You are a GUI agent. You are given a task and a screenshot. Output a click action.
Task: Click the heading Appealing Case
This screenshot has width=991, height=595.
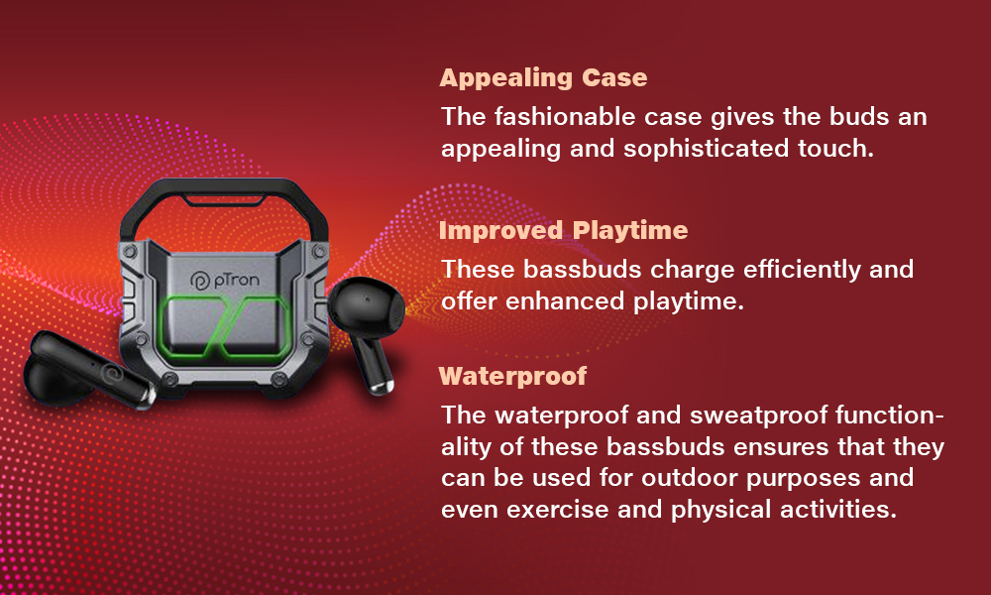click(543, 77)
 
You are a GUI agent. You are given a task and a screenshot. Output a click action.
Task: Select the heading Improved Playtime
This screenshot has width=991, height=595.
click(563, 230)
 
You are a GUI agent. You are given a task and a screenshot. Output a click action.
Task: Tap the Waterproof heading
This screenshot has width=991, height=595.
click(512, 376)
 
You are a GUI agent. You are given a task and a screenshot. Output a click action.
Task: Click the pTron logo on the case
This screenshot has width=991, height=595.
click(224, 280)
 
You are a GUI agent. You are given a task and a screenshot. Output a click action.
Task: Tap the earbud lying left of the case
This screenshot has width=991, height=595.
click(87, 370)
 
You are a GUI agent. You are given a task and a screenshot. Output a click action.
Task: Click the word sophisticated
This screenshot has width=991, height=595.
click(706, 149)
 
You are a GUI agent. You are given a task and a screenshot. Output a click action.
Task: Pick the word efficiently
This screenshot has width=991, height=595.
click(802, 270)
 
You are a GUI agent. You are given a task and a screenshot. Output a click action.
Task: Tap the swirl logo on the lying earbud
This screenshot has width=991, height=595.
click(116, 373)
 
